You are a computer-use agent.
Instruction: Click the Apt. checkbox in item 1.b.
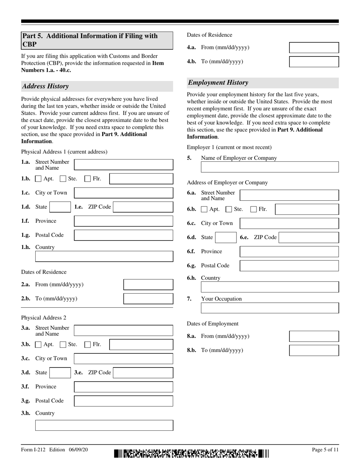(38, 179)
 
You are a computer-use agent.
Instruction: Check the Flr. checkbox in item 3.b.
(88, 344)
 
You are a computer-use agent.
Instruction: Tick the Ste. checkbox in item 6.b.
(229, 209)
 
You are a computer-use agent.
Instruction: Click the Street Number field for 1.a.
(123, 165)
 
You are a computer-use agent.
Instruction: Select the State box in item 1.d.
(60, 207)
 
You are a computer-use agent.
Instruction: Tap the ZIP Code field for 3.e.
(143, 373)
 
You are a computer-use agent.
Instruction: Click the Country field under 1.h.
(104, 256)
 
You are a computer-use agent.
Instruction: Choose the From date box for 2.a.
(148, 285)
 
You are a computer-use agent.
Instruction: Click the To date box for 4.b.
(314, 62)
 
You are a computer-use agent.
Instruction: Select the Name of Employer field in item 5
(269, 167)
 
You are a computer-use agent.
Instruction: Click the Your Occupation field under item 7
(269, 308)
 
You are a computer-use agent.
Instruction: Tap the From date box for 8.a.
(314, 336)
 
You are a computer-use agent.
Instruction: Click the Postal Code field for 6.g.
(289, 266)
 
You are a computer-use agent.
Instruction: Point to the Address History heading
(45, 86)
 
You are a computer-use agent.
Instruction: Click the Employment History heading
(218, 83)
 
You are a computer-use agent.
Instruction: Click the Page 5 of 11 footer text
(325, 450)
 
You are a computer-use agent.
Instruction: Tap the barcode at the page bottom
(191, 453)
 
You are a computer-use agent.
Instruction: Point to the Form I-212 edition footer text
(54, 450)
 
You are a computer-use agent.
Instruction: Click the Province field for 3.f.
(123, 387)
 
